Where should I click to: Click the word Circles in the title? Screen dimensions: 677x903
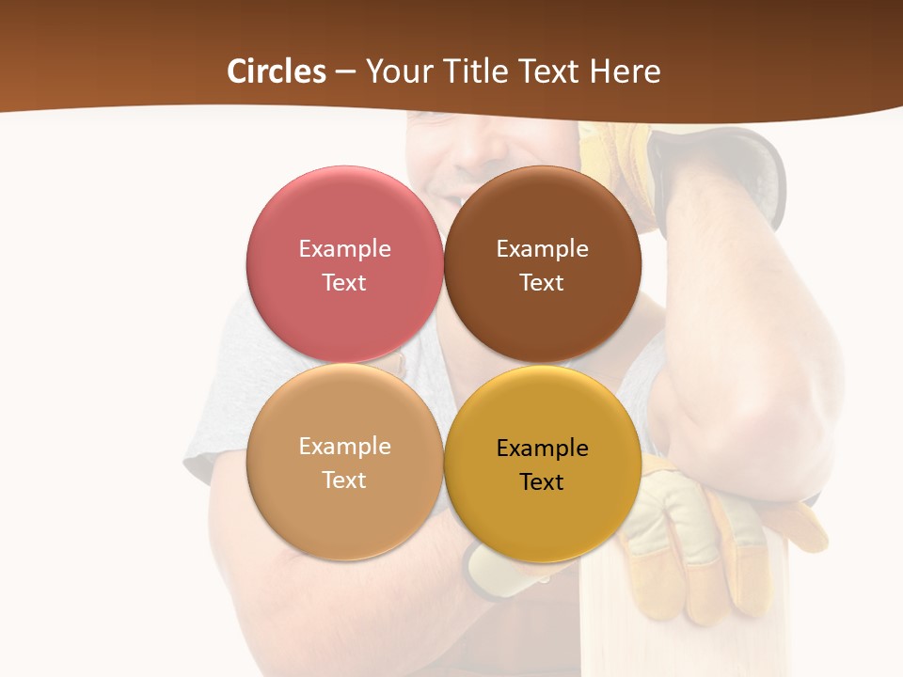[277, 71]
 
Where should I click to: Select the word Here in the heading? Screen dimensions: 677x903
[626, 71]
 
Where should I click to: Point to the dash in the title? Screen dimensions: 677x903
[345, 72]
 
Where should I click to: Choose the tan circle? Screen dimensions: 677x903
[344, 512]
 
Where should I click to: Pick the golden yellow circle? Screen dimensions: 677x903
[542, 517]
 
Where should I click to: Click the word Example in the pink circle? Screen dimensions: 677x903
[344, 249]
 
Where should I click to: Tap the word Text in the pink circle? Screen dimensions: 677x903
[344, 283]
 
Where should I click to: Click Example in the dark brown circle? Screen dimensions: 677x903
[542, 249]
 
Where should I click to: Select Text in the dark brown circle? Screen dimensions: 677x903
[542, 283]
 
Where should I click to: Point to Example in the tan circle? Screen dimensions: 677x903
[344, 447]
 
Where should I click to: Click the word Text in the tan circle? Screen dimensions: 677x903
[344, 480]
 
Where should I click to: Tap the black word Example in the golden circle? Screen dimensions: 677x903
[542, 449]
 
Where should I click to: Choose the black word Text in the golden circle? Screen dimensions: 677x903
[542, 482]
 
